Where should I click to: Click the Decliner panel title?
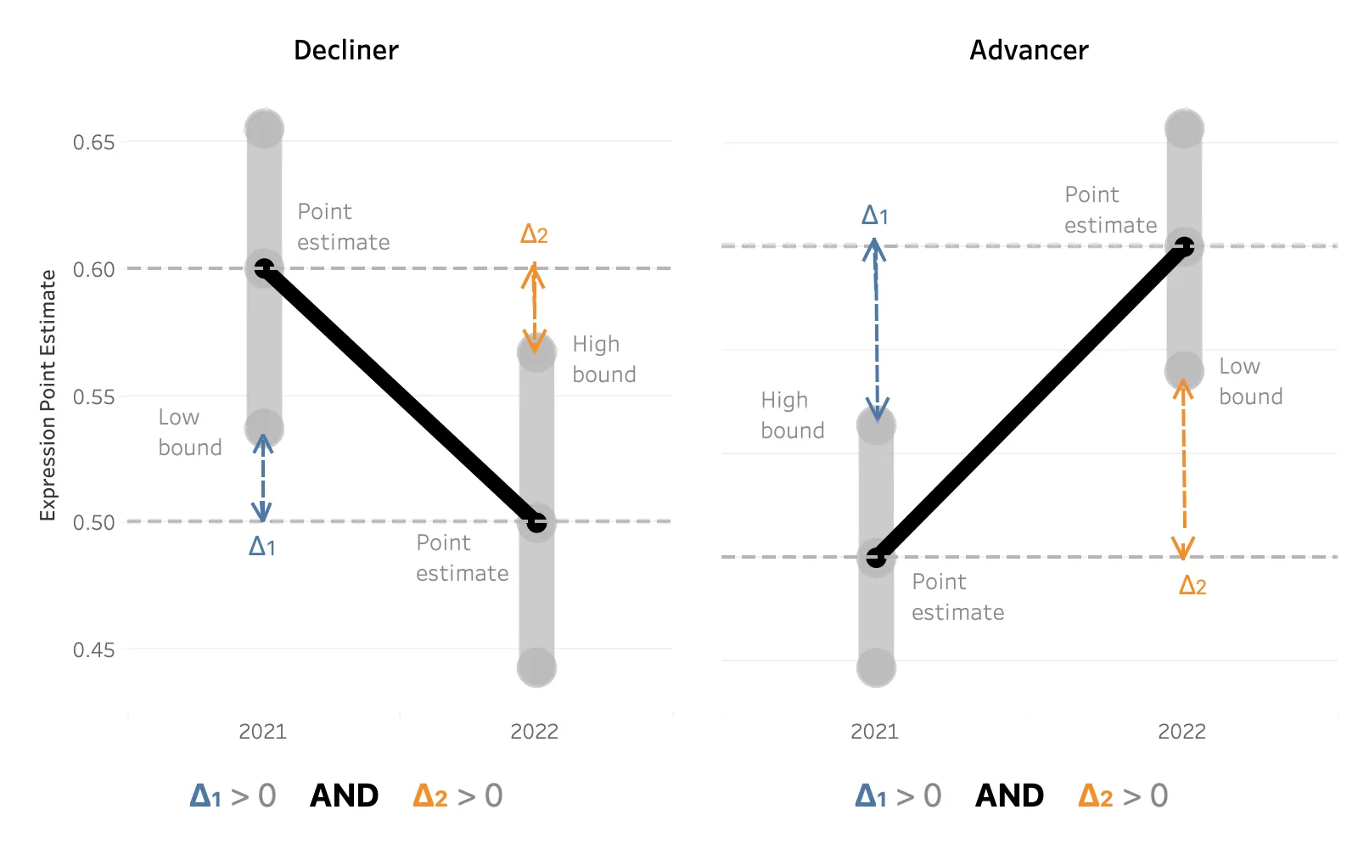pyautogui.click(x=345, y=51)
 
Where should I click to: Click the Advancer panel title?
pyautogui.click(x=1029, y=51)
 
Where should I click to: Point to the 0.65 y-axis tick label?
pyautogui.click(x=93, y=143)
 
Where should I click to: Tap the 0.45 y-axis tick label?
pyautogui.click(x=93, y=650)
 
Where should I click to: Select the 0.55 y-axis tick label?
pyautogui.click(x=93, y=397)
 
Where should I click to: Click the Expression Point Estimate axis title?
pyautogui.click(x=48, y=395)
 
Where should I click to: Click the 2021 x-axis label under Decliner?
pyautogui.click(x=263, y=732)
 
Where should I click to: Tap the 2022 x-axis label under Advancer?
pyautogui.click(x=1181, y=732)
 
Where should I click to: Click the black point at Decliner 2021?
pyautogui.click(x=265, y=268)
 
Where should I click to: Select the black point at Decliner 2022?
pyautogui.click(x=536, y=522)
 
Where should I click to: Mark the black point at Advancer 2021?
pyautogui.click(x=876, y=558)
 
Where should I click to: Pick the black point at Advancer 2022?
pyautogui.click(x=1184, y=247)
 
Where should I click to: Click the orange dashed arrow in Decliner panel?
pyautogui.click(x=534, y=307)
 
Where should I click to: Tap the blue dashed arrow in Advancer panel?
pyautogui.click(x=876, y=331)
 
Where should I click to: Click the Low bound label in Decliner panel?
pyautogui.click(x=190, y=432)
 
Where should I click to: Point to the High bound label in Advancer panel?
pyautogui.click(x=792, y=415)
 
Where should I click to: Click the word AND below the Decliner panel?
pyautogui.click(x=344, y=796)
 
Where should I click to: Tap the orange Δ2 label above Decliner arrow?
pyautogui.click(x=534, y=234)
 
